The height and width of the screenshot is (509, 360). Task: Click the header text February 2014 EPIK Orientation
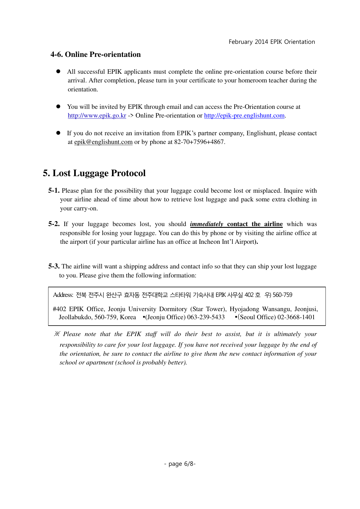[x=272, y=42]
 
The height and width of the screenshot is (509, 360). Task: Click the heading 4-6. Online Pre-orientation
[x=95, y=55]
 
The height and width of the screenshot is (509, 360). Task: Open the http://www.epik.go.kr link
[x=97, y=115]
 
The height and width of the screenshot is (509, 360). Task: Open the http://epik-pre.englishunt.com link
[x=244, y=115]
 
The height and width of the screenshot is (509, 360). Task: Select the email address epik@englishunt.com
[x=103, y=142]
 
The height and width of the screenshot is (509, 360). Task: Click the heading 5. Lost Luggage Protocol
[x=94, y=173]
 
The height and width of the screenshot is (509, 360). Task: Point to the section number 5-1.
[x=54, y=191]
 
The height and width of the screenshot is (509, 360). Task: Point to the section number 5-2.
[x=54, y=224]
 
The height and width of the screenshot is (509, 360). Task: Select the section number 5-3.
[x=54, y=266]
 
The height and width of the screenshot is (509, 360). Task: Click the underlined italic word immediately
[x=207, y=224]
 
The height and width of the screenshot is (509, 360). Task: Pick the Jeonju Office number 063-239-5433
[x=206, y=317]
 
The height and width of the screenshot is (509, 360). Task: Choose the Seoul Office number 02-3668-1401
[x=296, y=317]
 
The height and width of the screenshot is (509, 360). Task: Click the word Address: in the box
[x=63, y=295]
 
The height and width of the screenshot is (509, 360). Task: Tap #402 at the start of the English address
[x=59, y=309]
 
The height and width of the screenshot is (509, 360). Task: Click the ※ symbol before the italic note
[x=57, y=334]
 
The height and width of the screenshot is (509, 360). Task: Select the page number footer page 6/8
[x=180, y=464]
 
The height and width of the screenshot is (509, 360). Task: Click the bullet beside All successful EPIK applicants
[x=58, y=71]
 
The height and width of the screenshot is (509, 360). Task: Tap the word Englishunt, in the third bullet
[x=262, y=133]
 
